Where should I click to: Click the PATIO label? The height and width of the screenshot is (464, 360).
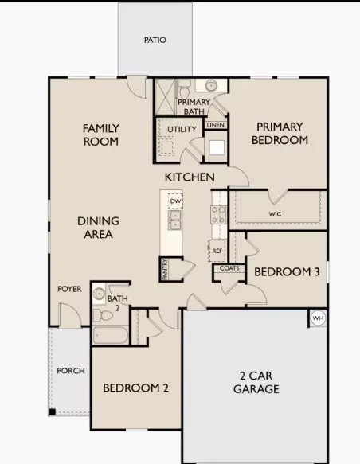(x=155, y=40)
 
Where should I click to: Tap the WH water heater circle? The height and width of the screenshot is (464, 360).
(x=319, y=318)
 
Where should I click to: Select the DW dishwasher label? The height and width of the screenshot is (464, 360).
(x=175, y=201)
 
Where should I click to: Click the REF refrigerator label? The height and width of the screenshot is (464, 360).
(x=217, y=251)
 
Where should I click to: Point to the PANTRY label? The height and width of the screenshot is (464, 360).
(x=165, y=269)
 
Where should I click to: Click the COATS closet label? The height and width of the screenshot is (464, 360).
(x=229, y=268)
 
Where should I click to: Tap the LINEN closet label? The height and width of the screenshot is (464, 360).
(x=216, y=125)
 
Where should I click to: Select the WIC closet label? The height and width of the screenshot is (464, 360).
(x=275, y=213)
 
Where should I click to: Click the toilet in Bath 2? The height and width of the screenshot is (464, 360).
(x=103, y=316)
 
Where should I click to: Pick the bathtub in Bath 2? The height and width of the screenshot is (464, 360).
(x=111, y=335)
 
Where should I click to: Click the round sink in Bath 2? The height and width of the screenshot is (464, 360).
(x=99, y=294)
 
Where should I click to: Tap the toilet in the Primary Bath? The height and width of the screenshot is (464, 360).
(x=184, y=88)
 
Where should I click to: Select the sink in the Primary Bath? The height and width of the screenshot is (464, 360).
(x=211, y=85)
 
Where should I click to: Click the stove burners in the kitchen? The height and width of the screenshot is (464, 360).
(x=218, y=215)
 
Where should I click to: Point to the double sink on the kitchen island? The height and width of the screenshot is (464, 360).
(x=175, y=220)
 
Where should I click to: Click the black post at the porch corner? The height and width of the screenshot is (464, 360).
(x=52, y=412)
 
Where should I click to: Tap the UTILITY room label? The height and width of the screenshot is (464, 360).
(x=182, y=129)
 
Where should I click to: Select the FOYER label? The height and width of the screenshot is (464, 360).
(x=69, y=289)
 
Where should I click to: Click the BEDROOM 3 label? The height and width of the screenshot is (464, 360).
(x=287, y=271)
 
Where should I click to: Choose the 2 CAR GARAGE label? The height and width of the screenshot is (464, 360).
(x=256, y=382)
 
